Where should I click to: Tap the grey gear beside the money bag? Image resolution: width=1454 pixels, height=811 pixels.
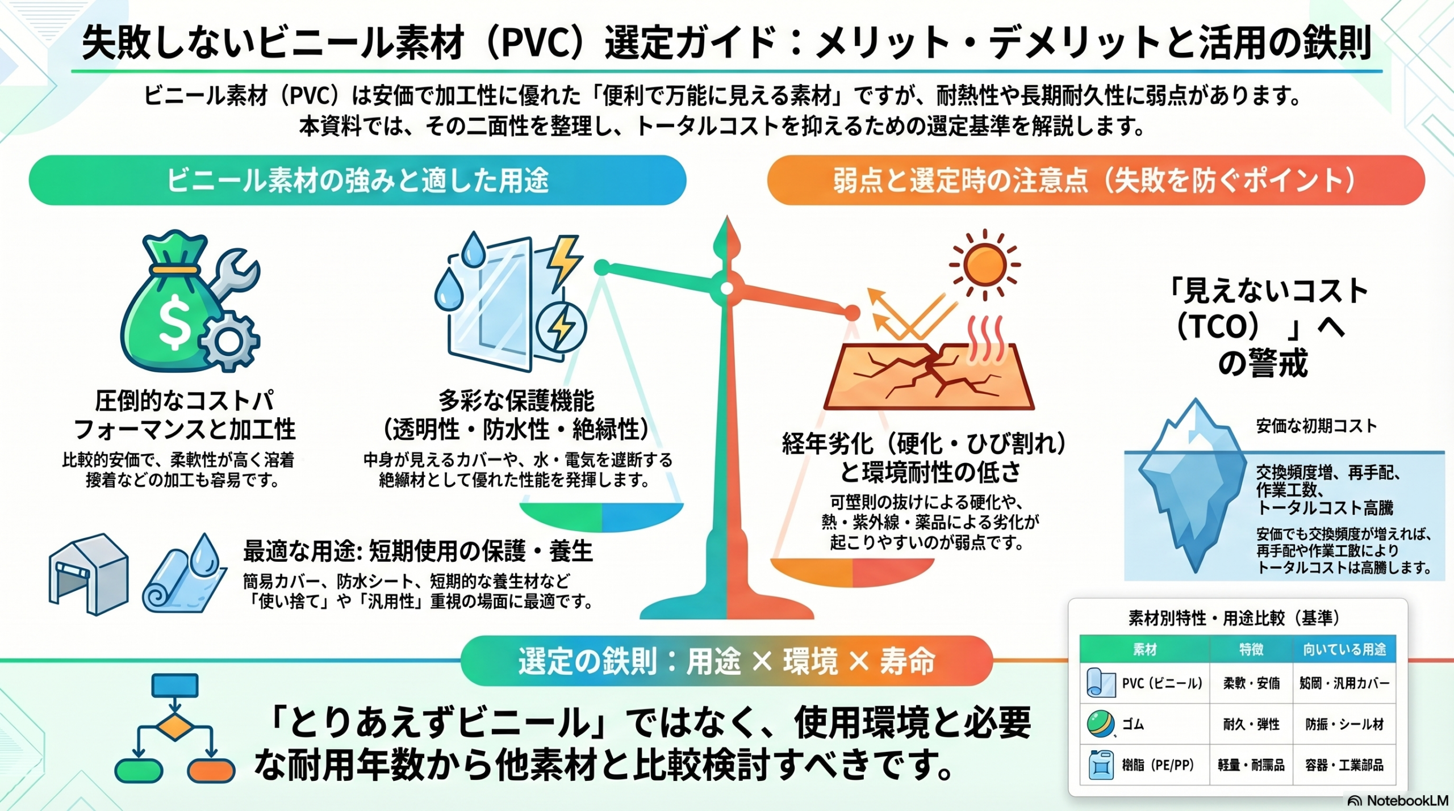coord(229,341)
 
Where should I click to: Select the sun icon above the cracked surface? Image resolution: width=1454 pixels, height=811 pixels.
coord(985,264)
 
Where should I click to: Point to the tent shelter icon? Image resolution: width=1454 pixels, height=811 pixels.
coord(89,573)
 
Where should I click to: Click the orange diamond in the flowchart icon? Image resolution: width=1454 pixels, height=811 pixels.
coord(174,727)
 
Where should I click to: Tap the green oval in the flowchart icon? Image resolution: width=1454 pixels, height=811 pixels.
coord(139,770)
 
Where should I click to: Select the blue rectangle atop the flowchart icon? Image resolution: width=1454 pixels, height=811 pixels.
coord(175,685)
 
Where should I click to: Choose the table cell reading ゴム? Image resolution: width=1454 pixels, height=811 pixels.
coord(1133,724)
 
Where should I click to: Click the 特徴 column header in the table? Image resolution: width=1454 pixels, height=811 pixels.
coord(1251,649)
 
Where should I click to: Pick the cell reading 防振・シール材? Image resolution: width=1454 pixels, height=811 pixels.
coord(1344,724)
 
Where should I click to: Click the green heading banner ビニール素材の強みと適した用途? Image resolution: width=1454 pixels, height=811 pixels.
coord(357,180)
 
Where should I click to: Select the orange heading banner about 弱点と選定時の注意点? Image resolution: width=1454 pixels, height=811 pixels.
coord(1096,180)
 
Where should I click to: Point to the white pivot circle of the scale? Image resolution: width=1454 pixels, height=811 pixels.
coord(726,288)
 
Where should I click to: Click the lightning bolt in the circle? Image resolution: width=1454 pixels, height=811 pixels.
coord(562,327)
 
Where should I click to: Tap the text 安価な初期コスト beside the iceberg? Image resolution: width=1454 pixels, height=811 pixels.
coord(1316,426)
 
